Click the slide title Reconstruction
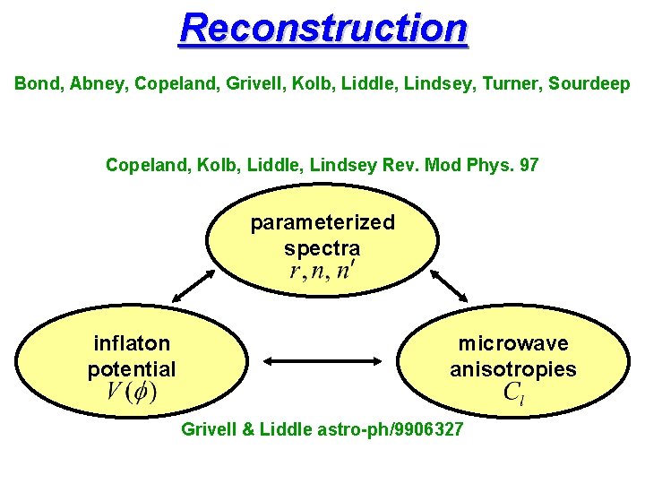click(x=322, y=28)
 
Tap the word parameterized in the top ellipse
click(x=322, y=222)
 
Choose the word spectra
click(x=322, y=247)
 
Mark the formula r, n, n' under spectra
click(x=322, y=272)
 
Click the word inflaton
click(x=132, y=343)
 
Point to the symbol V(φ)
click(x=132, y=392)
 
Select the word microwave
click(x=513, y=343)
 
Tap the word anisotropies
click(x=513, y=369)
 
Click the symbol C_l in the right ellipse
click(x=513, y=392)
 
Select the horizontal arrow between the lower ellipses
click(x=322, y=361)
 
